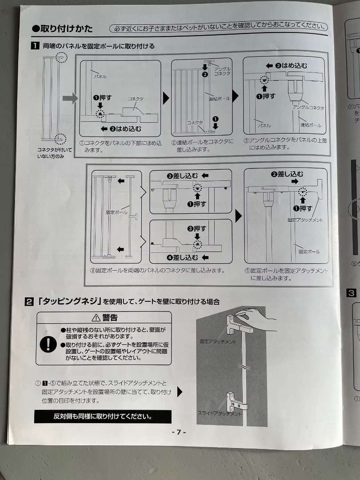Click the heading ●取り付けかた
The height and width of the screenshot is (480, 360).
(62, 28)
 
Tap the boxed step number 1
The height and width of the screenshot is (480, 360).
(34, 45)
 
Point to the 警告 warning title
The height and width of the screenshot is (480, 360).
(104, 317)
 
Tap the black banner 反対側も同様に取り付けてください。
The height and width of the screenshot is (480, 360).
(103, 416)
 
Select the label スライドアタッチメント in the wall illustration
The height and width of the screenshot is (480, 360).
(220, 413)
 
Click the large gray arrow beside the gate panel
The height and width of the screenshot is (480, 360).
(70, 98)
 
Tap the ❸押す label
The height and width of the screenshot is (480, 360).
(196, 228)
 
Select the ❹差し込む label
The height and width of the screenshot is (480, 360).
(186, 257)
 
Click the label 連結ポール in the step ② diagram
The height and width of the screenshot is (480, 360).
(220, 99)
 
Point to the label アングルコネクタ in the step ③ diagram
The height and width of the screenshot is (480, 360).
(308, 108)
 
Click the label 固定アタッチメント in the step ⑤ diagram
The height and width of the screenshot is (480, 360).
(305, 220)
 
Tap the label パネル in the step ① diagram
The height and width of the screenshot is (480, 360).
(100, 76)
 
